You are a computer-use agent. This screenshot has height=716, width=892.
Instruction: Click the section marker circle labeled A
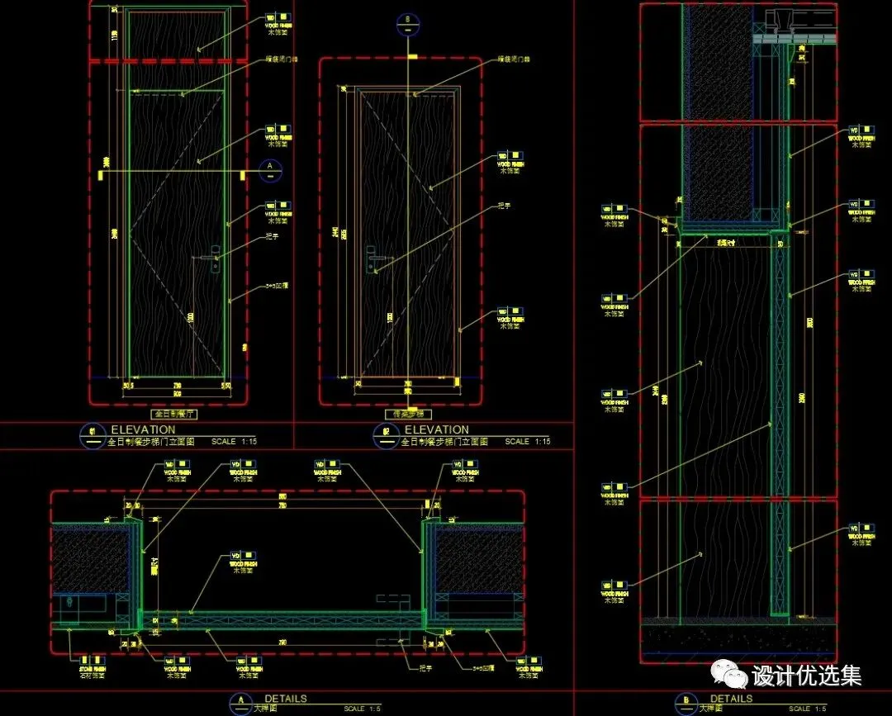tap(269, 169)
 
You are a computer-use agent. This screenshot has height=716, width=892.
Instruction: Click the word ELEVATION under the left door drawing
tap(143, 429)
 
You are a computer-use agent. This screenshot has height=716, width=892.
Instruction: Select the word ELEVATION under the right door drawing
tap(436, 429)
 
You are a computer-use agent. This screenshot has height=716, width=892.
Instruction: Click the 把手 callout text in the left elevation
tap(273, 237)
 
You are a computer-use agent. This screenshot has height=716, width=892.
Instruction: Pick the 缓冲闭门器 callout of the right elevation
tap(512, 59)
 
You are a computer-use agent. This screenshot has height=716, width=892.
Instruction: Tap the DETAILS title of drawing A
tap(285, 699)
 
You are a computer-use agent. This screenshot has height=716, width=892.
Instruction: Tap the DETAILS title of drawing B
tap(731, 699)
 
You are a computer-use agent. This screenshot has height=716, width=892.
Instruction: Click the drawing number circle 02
tap(386, 434)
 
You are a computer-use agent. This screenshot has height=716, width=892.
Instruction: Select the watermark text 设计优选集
tap(806, 676)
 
